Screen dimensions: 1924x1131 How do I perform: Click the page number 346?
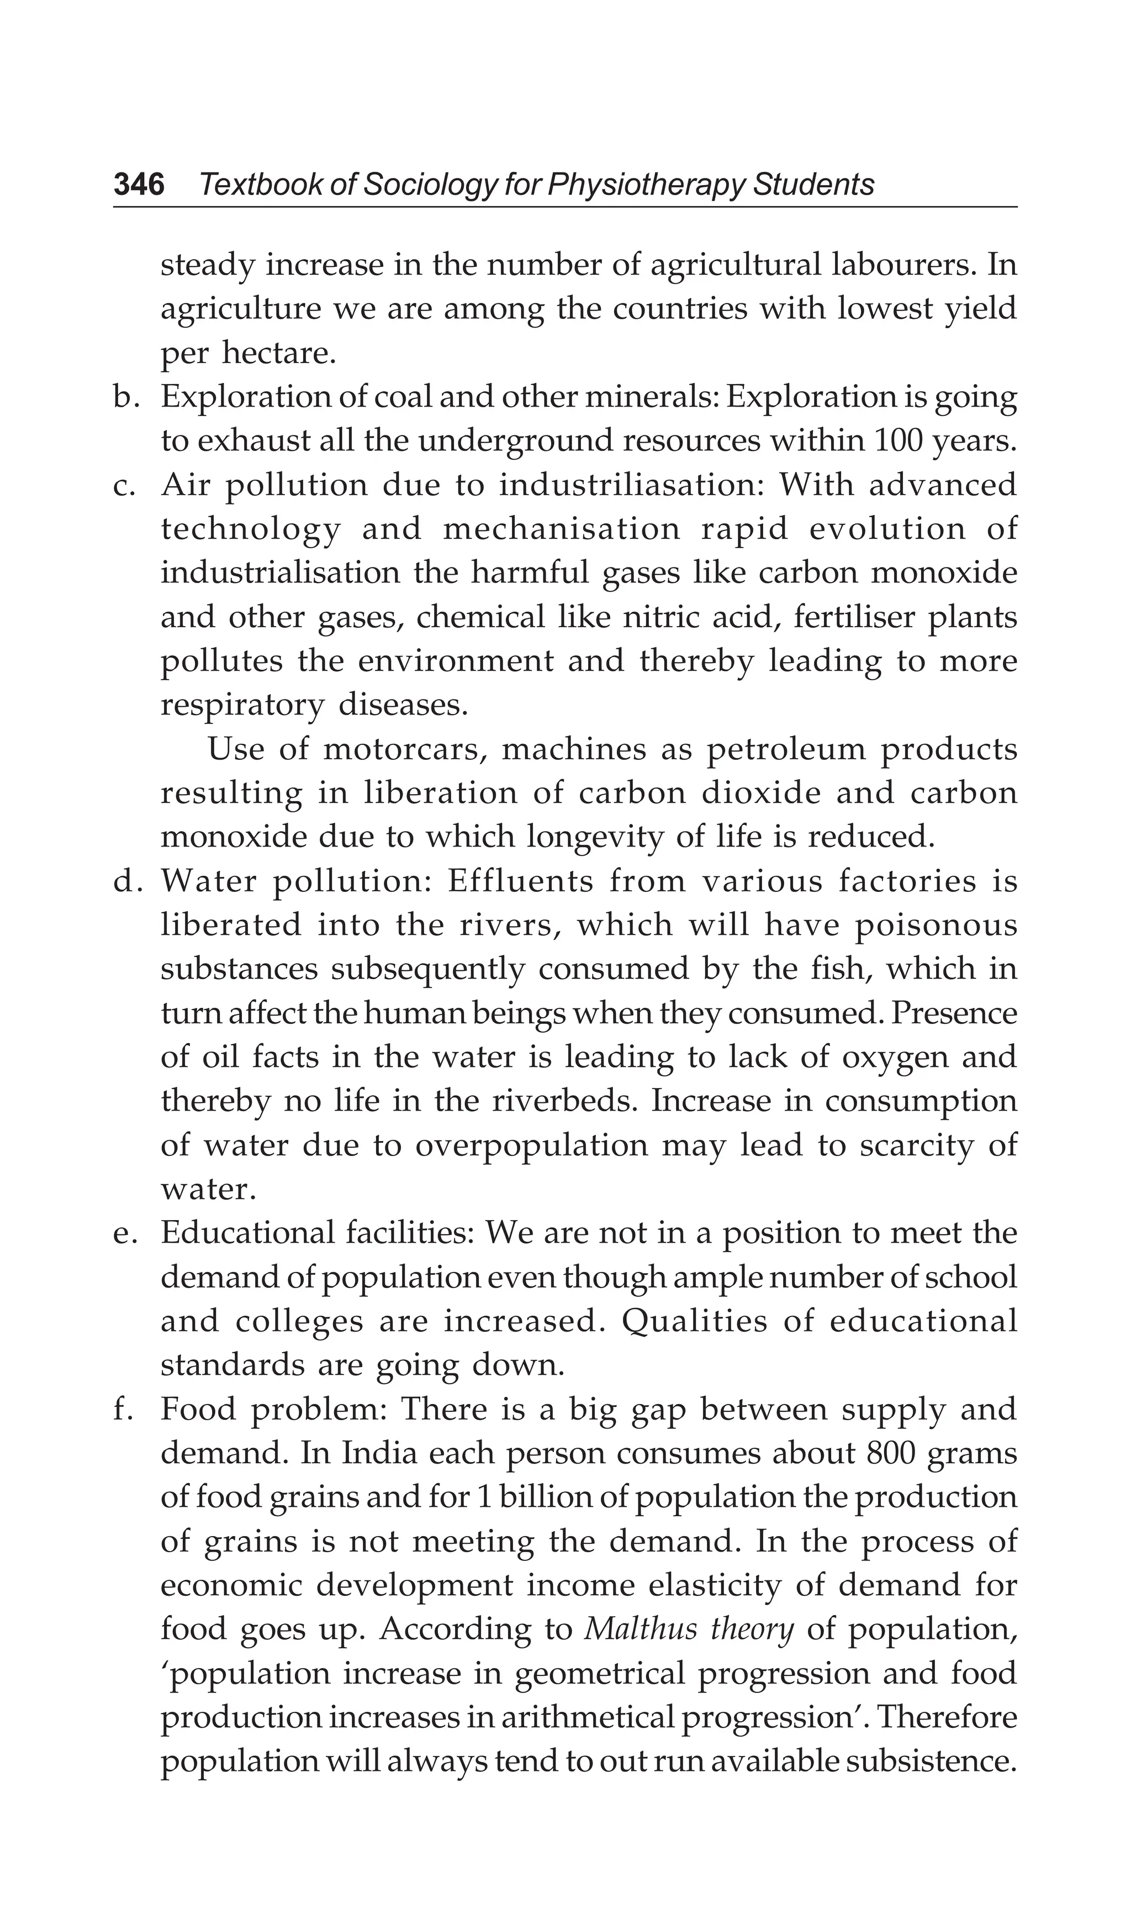click(x=139, y=185)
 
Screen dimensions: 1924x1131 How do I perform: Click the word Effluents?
click(x=520, y=881)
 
